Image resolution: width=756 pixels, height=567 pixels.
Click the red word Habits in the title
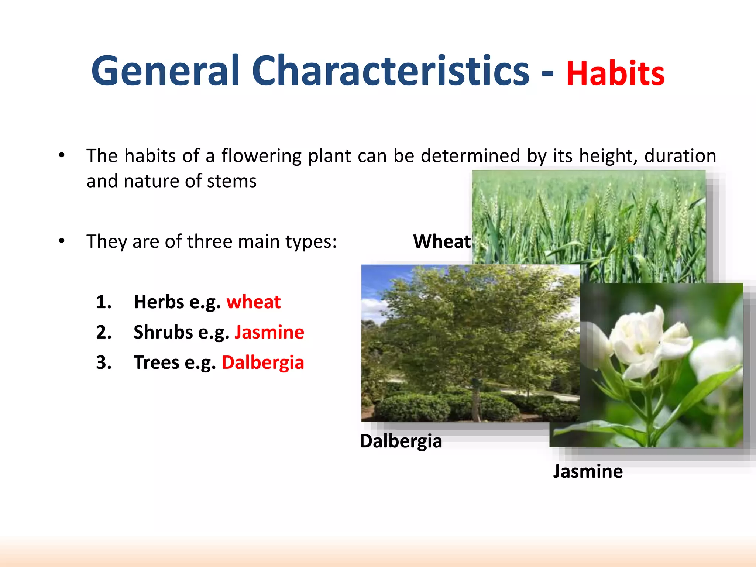(615, 73)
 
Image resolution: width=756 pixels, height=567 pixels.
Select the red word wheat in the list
(253, 302)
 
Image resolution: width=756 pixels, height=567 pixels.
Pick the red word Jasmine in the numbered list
(269, 332)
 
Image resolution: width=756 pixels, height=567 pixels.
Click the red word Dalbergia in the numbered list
(263, 362)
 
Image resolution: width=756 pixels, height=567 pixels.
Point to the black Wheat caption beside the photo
(442, 241)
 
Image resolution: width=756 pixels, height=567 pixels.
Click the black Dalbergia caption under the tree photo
(401, 441)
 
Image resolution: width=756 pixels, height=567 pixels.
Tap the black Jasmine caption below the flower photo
(588, 471)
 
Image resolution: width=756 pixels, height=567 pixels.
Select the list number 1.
(103, 302)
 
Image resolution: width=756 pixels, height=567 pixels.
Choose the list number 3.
(103, 362)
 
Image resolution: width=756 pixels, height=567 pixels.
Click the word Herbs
(159, 302)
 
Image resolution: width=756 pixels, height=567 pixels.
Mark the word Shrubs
(163, 332)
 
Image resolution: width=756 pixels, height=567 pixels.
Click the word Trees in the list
(156, 362)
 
